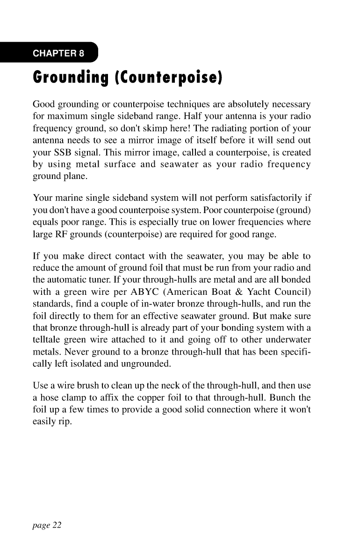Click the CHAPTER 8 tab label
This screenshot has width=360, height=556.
click(58, 53)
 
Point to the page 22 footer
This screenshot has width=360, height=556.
click(47, 525)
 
